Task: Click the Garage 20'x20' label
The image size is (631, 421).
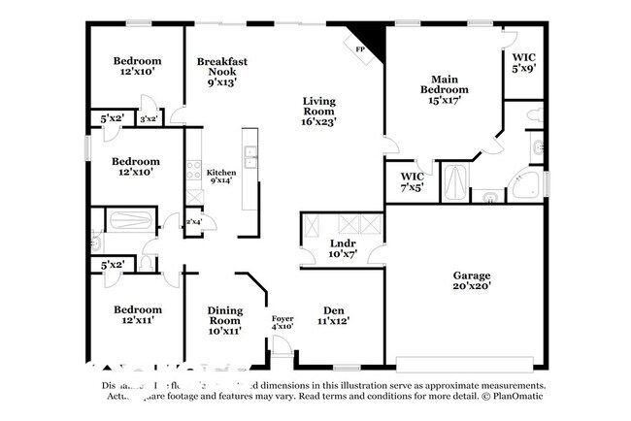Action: [470, 281]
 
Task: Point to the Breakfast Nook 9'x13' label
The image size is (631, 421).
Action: [221, 72]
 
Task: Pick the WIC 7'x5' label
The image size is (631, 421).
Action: [413, 182]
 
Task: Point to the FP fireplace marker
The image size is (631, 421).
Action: [360, 49]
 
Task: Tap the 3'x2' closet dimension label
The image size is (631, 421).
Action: [149, 118]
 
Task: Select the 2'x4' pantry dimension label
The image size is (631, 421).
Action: [194, 222]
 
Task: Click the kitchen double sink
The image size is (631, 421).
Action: [250, 157]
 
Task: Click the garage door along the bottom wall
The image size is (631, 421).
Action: [464, 365]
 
